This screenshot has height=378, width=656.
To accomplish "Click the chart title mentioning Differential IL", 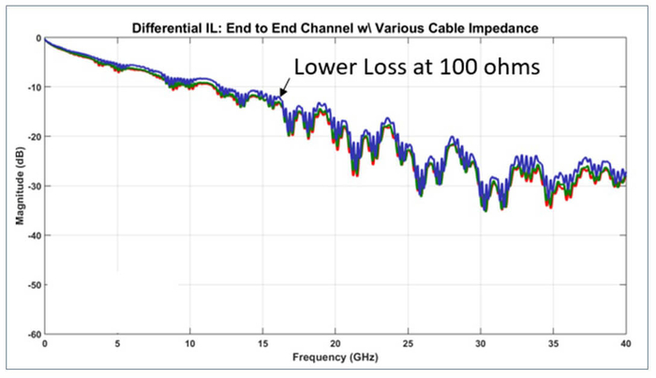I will pos(334,20).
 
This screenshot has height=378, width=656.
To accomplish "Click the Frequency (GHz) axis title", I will pos(335,356).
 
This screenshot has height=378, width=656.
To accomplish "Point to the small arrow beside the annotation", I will pos(286,86).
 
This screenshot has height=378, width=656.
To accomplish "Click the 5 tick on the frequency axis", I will pos(117,343).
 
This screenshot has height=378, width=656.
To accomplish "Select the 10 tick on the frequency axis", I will pos(189,343).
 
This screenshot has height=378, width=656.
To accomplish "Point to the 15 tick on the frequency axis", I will pos(262,343).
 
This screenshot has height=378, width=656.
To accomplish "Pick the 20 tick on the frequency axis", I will pos(335,343).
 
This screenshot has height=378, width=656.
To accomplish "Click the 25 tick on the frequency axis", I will pos(408,343).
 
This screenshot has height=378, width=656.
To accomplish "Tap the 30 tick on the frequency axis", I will pos(480,343).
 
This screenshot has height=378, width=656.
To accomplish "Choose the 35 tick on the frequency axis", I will pos(553,343).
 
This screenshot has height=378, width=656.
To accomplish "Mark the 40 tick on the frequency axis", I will pos(623,343).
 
